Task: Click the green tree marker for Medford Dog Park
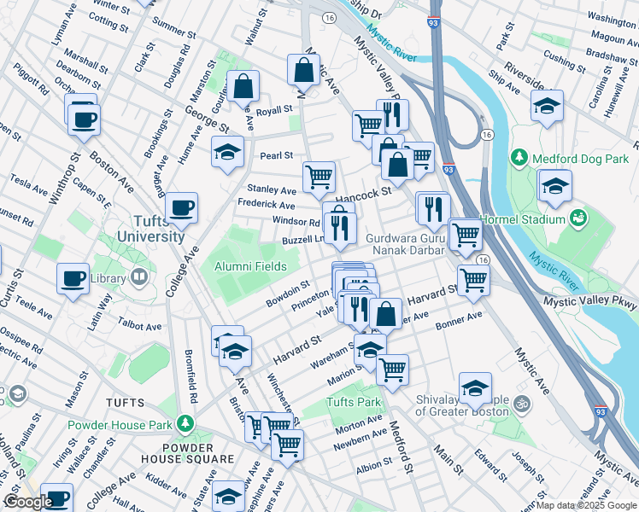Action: pos(519,158)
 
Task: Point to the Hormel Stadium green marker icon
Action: pos(580,218)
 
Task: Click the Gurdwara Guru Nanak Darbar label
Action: pos(405,244)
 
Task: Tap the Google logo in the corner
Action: pos(28,502)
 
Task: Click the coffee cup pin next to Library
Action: pos(73,277)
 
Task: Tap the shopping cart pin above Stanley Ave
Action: pos(319,177)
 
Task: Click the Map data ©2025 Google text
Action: pos(586,505)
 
